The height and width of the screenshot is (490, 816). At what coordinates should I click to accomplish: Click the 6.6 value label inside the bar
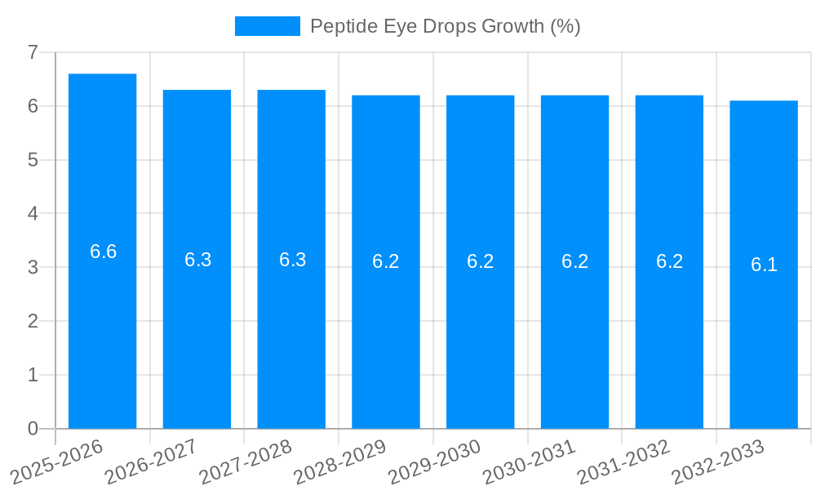(x=103, y=252)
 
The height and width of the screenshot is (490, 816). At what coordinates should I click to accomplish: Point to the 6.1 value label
(x=764, y=265)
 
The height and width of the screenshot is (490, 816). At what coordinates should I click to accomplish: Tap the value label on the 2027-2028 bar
(x=292, y=260)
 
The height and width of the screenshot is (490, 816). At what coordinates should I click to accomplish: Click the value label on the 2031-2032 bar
(x=669, y=261)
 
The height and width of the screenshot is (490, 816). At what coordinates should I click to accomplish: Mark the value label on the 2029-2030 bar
(x=481, y=261)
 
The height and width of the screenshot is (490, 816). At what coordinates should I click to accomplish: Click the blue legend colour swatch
(x=267, y=26)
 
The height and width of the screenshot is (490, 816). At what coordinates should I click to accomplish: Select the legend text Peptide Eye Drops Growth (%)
(x=445, y=26)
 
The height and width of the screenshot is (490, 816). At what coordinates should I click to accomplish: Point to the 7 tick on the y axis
(x=33, y=52)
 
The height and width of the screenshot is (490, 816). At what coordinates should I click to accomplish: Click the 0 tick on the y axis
(x=33, y=429)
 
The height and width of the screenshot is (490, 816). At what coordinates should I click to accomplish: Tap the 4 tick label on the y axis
(x=33, y=214)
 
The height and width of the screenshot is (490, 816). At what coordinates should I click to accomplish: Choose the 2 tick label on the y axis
(x=33, y=321)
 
